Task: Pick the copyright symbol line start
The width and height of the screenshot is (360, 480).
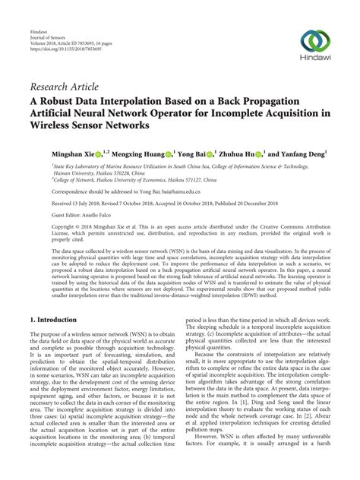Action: pos(32,226)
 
